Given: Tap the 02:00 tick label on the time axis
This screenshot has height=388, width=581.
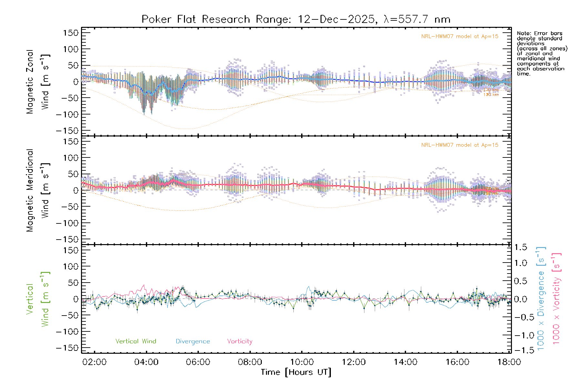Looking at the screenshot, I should coord(94,362).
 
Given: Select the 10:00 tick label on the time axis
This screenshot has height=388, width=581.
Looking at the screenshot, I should coord(302,362).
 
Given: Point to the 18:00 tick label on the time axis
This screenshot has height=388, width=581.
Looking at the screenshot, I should coord(509,362).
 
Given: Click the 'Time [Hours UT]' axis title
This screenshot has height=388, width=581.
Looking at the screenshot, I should coord(296,372).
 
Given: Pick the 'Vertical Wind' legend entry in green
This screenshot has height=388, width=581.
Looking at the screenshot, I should coord(136,341).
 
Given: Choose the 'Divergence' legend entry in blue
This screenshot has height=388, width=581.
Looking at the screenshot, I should coord(193,341).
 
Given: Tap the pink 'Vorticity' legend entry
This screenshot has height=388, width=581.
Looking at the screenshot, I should coord(240,341).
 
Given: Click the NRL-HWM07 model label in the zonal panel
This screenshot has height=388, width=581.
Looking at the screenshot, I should coord(460,37).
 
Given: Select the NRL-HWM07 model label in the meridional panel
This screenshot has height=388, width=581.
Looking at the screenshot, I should coord(460,145).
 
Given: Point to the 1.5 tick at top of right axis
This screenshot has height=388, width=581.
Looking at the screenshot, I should coord(520,247).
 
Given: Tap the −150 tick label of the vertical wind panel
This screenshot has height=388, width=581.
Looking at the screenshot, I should coord(67,348).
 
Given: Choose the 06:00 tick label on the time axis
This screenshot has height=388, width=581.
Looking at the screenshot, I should coord(198,362).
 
